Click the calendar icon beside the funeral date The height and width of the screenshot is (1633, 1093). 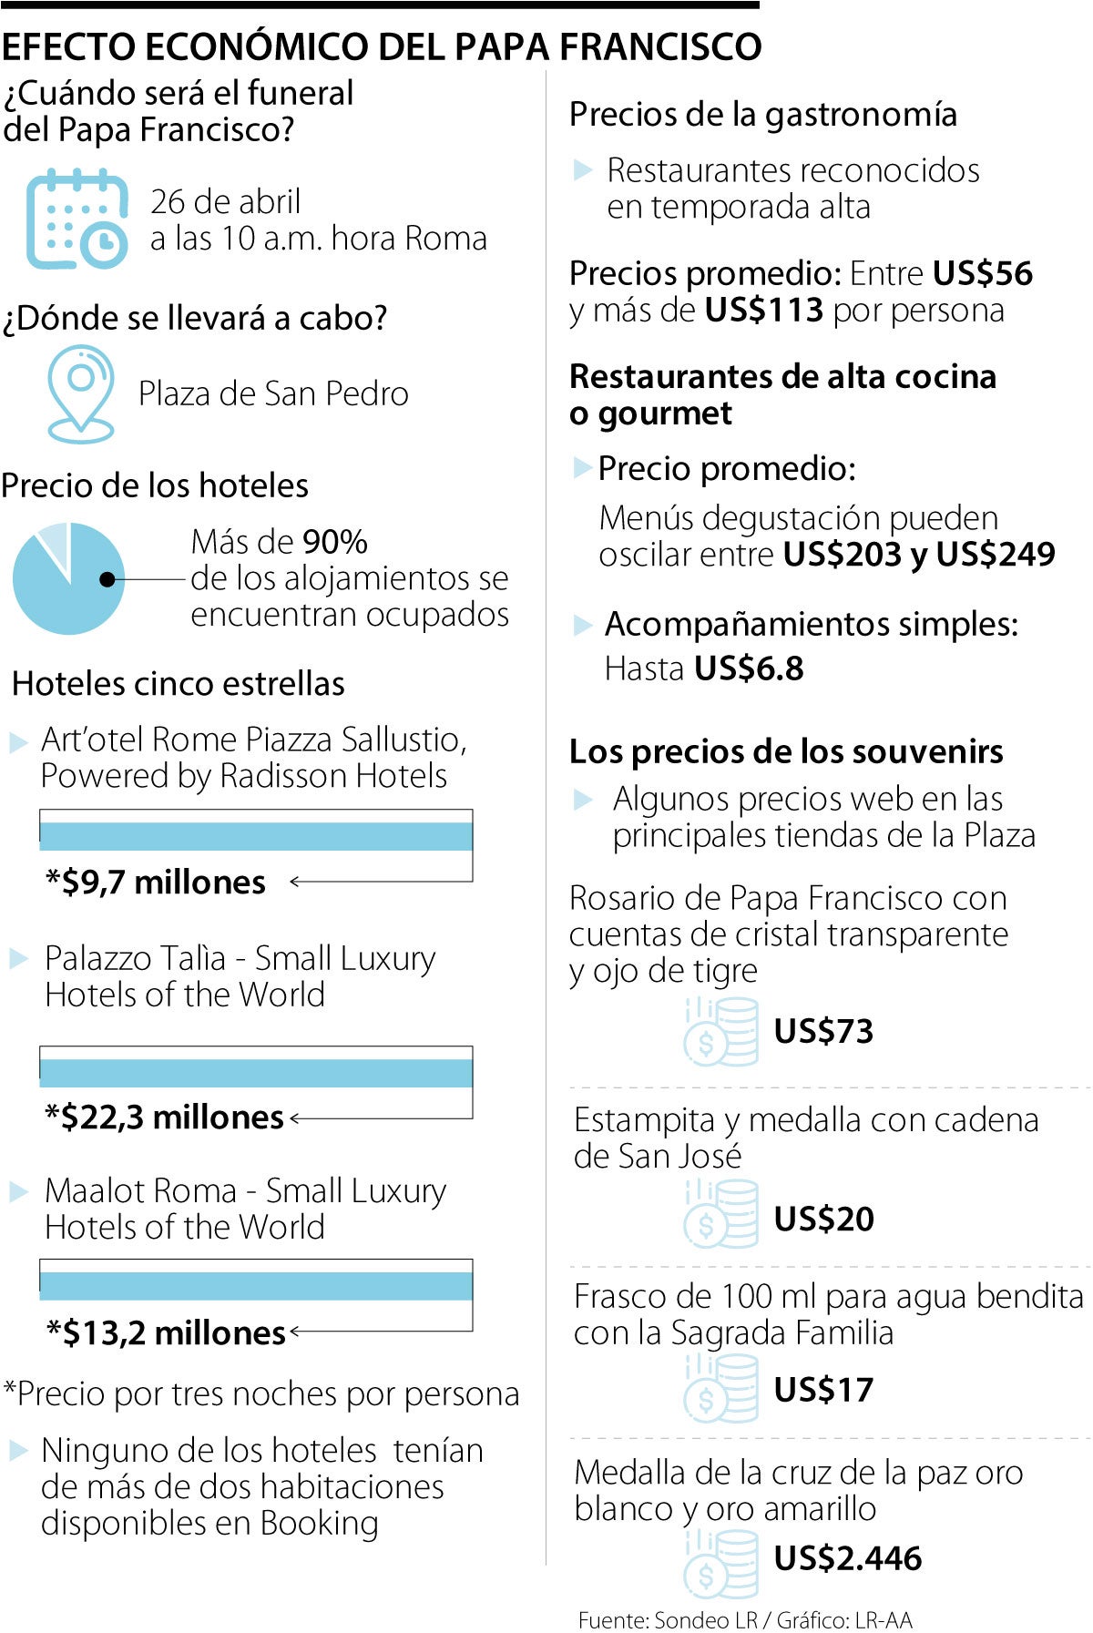point(77,219)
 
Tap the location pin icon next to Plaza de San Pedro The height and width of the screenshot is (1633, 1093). point(81,393)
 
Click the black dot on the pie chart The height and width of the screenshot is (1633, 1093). point(107,579)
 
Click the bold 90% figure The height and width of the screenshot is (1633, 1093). point(335,542)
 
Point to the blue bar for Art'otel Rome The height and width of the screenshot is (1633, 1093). point(256,836)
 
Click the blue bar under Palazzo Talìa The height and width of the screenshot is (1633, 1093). point(256,1073)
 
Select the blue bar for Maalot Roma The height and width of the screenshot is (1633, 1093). point(256,1286)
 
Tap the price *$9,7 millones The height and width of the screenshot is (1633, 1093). point(156,882)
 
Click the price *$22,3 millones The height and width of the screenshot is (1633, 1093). point(165,1117)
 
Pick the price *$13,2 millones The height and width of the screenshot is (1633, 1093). point(167,1332)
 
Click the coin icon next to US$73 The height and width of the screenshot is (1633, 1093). point(721,1031)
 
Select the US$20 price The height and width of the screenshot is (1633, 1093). point(823,1219)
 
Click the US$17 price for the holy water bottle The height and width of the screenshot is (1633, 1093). point(823,1390)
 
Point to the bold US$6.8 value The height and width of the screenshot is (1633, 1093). point(749,669)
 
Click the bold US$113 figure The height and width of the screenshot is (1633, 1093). point(763,311)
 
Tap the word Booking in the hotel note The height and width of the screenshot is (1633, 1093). point(319,1523)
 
